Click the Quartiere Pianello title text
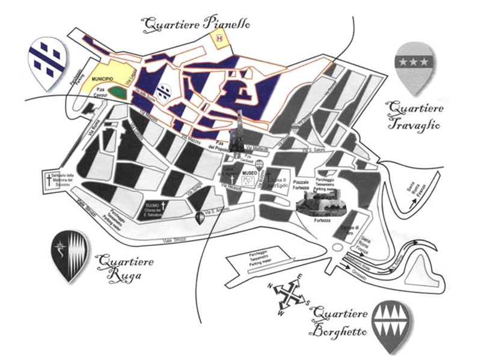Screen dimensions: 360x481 (195, 24)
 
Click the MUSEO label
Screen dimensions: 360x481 (249, 173)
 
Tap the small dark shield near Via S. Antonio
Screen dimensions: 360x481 (200, 218)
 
